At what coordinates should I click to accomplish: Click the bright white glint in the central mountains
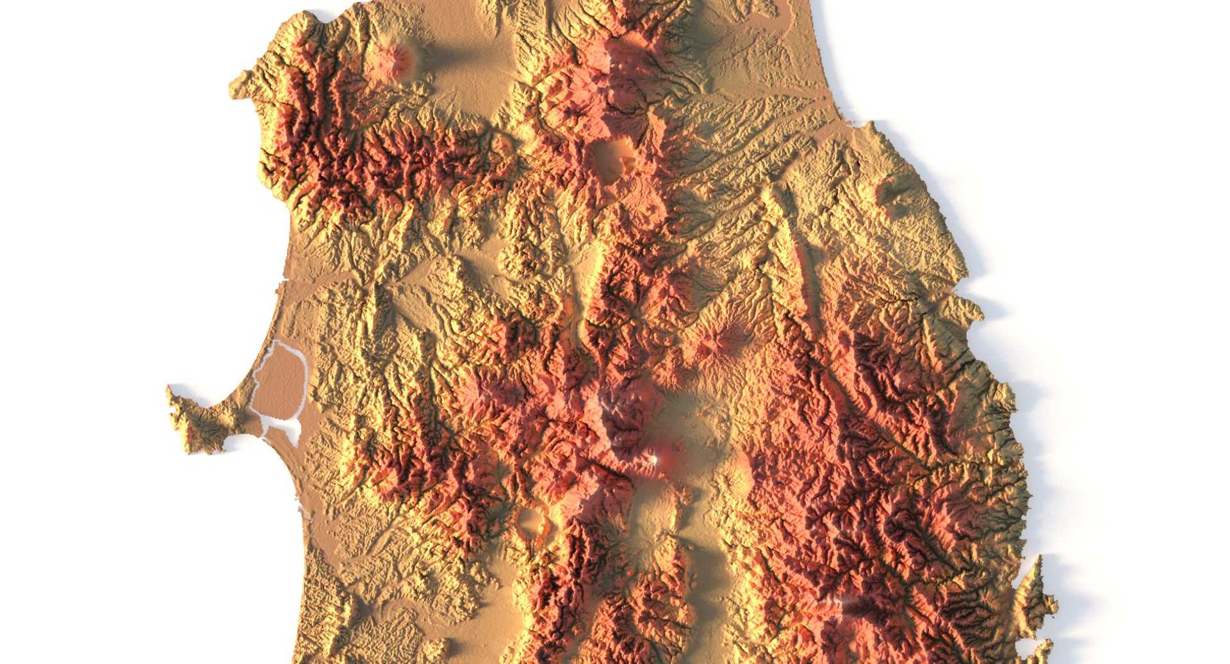(654, 458)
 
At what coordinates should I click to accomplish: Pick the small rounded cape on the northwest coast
(240, 86)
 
